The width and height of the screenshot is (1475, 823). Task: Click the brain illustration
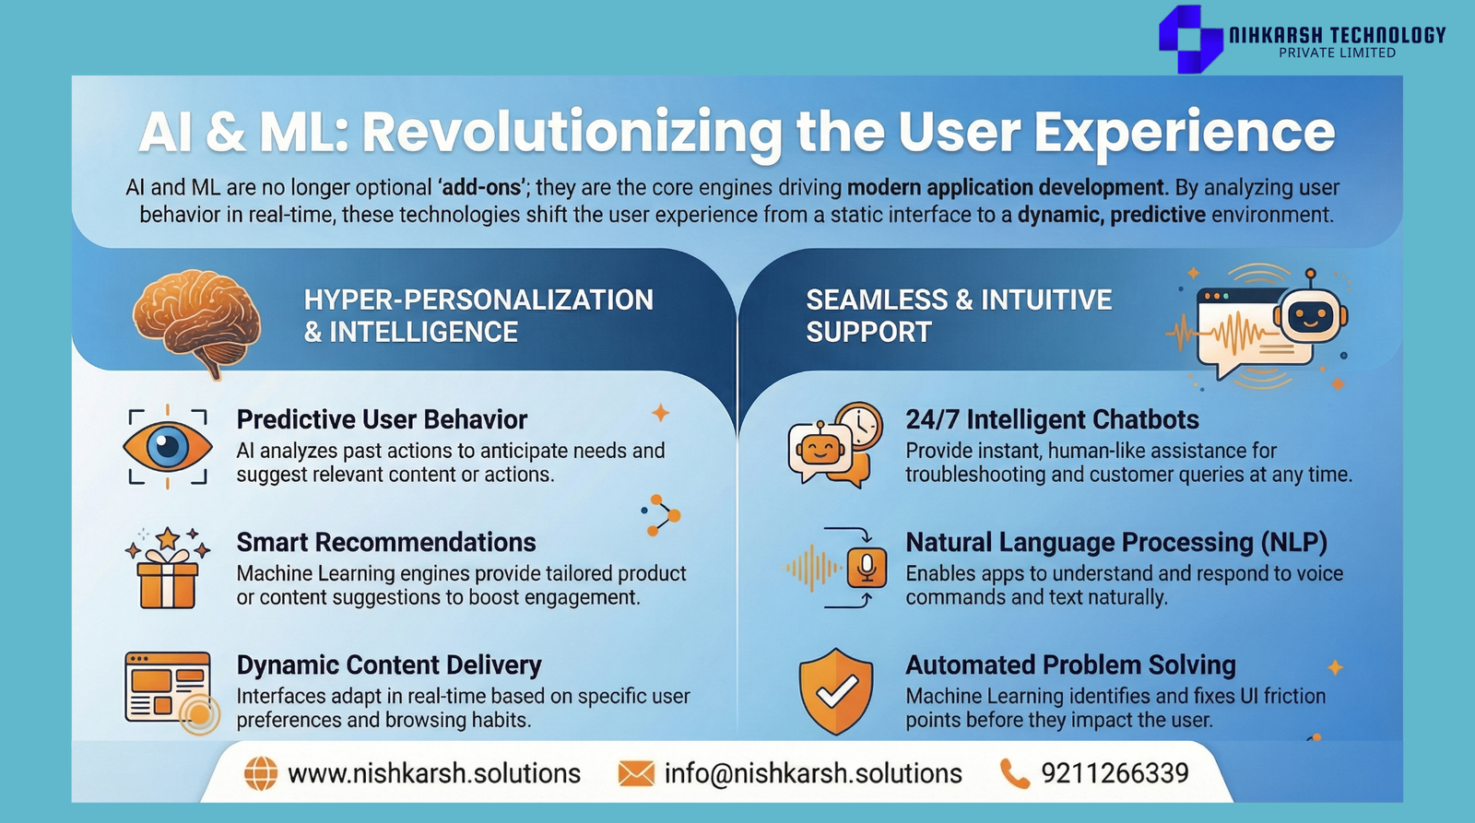coord(196,323)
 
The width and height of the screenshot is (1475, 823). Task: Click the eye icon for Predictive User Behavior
coord(167,447)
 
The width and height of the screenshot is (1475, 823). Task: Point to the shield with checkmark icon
coord(835,691)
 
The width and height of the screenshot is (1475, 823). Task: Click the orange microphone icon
coord(867,567)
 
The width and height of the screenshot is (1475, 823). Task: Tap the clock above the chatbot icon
coord(861,425)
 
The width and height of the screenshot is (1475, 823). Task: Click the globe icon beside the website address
coord(261,773)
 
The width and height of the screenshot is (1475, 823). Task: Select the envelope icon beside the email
coord(636,773)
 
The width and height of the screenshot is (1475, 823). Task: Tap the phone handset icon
coord(1014,773)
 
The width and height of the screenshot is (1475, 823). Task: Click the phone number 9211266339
coord(1115,773)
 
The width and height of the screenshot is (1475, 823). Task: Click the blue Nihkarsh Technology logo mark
coord(1190,38)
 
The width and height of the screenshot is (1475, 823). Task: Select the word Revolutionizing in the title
coord(572,133)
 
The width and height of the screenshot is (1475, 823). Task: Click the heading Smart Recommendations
coord(386,543)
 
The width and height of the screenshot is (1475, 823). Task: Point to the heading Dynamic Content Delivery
coord(389,665)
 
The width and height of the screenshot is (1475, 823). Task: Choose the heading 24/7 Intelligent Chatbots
coord(1052,419)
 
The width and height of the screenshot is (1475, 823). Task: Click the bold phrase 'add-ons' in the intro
coord(481,188)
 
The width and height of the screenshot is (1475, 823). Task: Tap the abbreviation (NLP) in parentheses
coord(1294,543)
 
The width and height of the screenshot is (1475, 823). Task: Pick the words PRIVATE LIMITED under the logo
coord(1338,53)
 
